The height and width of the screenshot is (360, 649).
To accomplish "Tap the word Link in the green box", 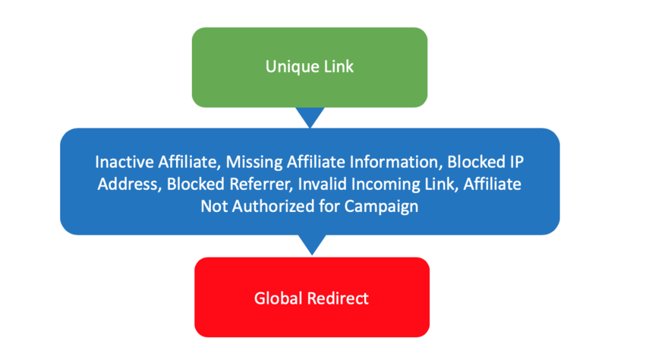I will [x=337, y=67].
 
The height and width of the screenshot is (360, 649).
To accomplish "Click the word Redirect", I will [x=338, y=298].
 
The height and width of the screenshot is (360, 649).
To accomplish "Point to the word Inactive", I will [x=123, y=163].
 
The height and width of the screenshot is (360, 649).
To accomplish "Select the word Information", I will [x=390, y=163].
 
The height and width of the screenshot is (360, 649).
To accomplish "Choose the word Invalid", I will [x=321, y=185].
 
